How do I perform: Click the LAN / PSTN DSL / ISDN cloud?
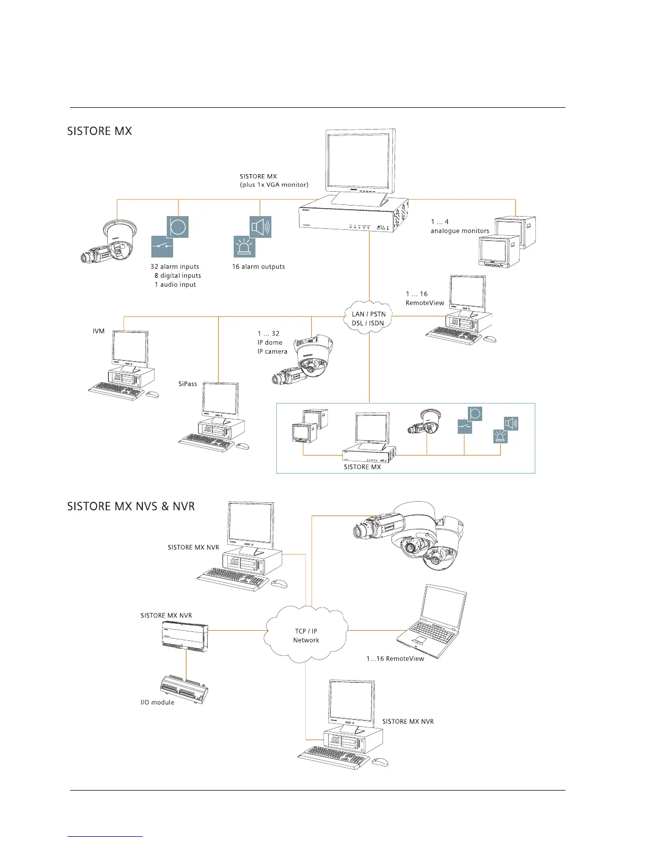pos(369,318)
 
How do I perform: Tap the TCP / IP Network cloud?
pos(306,635)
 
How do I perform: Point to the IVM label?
pos(99,331)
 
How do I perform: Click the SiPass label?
pos(187,384)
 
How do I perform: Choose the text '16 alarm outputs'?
pos(258,267)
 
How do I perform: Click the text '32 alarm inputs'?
pos(175,267)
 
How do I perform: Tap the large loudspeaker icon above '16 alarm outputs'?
pos(260,227)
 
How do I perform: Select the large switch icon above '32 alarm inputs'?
pos(162,246)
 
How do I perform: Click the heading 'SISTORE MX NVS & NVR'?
pos(131,507)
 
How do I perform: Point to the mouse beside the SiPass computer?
pos(242,446)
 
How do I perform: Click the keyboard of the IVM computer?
pos(116,392)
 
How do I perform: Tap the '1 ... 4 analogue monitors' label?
pos(459,227)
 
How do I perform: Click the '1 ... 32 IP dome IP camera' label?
pos(272,342)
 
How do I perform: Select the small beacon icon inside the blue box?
pos(500,436)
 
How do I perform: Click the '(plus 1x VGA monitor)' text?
pos(274,185)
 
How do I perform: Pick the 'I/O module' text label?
pos(157,702)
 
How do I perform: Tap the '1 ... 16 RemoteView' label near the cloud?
pos(424,298)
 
